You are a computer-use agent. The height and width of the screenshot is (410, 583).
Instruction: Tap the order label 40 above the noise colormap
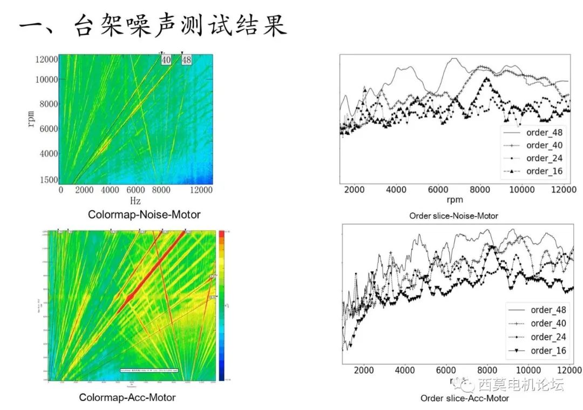tap(166, 60)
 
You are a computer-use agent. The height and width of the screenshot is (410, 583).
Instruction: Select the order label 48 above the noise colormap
tap(186, 60)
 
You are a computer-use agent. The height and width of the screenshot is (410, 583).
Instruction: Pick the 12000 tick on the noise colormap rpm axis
tap(45, 59)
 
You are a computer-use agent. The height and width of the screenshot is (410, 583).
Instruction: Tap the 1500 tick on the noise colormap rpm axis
tap(48, 180)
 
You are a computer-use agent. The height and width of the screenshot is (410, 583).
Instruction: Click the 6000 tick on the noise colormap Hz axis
tap(136, 190)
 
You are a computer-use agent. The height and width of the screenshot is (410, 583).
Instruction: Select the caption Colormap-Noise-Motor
tap(144, 215)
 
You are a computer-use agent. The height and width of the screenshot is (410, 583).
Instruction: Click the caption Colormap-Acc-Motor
tap(127, 398)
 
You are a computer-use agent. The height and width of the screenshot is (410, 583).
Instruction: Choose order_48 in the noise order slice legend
tap(544, 132)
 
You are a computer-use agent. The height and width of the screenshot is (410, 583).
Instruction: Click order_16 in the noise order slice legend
tap(544, 171)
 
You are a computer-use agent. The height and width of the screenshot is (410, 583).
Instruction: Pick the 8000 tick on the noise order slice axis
tap(479, 190)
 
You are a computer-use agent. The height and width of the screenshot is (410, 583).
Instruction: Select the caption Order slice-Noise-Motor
tap(453, 216)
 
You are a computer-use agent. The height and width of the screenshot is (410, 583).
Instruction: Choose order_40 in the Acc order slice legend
tap(548, 323)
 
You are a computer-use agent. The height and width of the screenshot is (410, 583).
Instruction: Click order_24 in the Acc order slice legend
tap(548, 337)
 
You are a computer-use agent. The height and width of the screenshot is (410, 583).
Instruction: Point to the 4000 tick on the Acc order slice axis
tap(405, 370)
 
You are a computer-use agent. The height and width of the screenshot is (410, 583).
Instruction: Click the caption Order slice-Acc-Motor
tap(465, 399)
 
